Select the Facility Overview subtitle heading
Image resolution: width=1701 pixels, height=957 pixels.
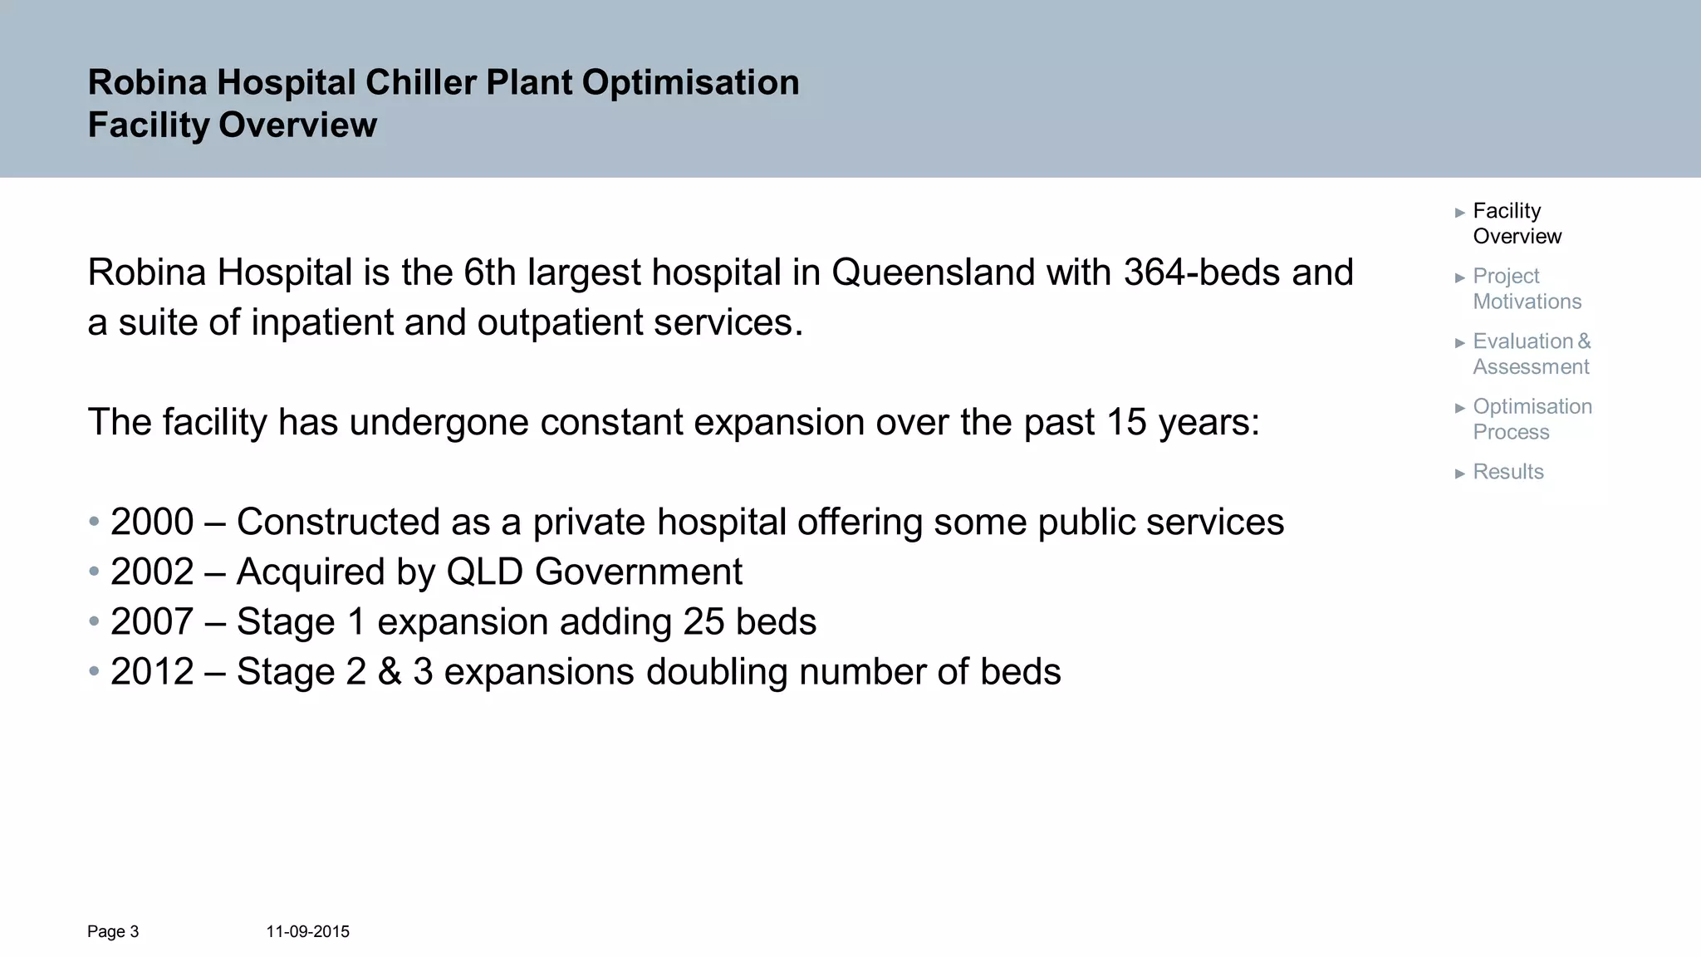click(x=232, y=125)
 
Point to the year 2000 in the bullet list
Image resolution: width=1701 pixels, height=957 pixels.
click(x=152, y=523)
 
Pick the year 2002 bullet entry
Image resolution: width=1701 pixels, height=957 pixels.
click(x=152, y=572)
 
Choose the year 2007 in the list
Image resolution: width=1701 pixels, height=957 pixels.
click(x=152, y=622)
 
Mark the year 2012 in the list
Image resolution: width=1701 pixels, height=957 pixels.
click(x=152, y=672)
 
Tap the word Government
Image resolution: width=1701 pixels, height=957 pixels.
click(x=639, y=572)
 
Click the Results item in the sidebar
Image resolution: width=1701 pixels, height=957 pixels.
click(x=1507, y=472)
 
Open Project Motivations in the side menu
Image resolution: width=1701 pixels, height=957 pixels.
click(x=1526, y=288)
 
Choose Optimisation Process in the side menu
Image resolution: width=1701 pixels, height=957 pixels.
click(x=1531, y=420)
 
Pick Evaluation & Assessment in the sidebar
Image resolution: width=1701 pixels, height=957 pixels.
click(x=1531, y=354)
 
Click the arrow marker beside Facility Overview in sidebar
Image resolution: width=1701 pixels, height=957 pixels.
click(x=1460, y=213)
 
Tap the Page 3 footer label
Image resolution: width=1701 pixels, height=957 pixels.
click(x=113, y=932)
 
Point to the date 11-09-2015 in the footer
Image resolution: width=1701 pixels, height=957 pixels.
click(x=307, y=932)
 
